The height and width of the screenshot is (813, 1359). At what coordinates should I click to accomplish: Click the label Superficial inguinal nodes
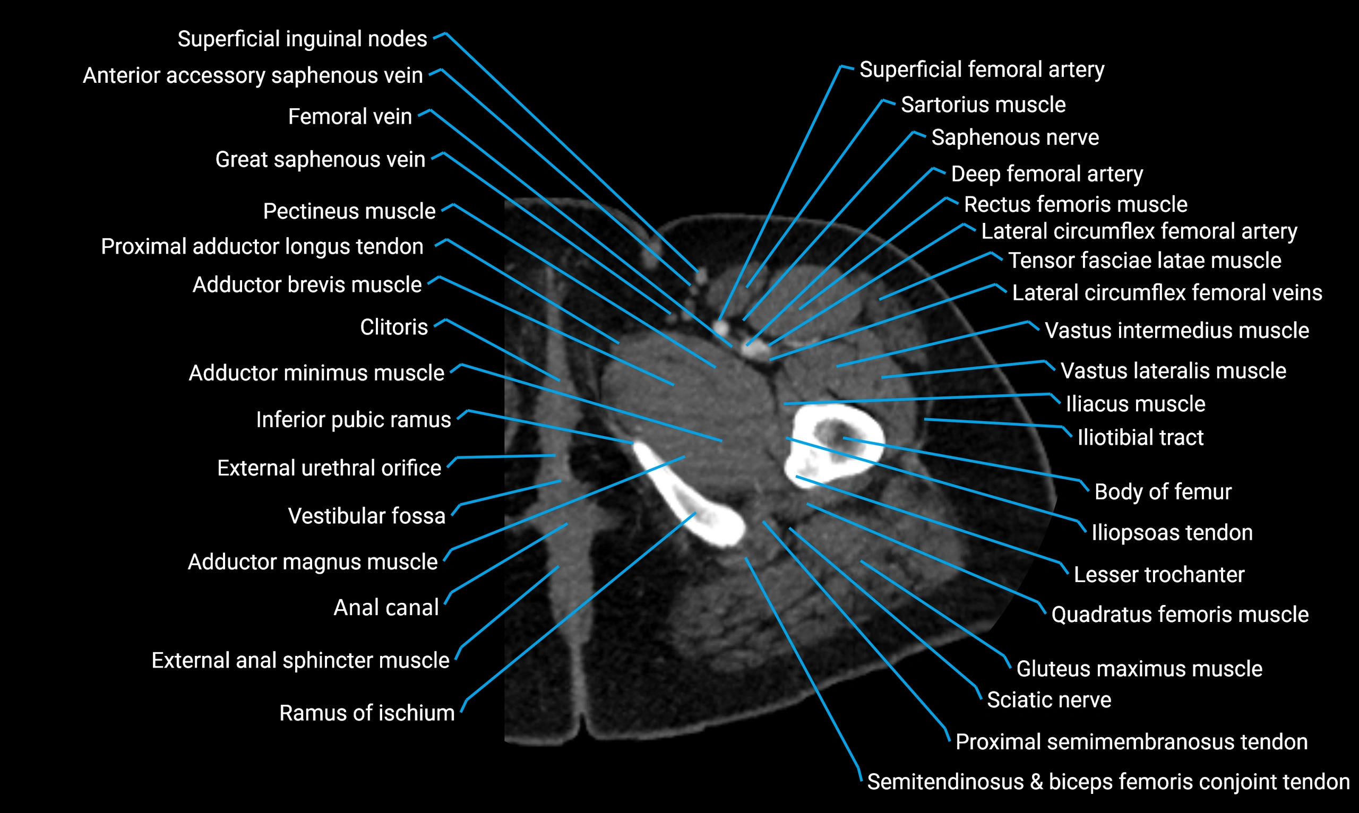tap(302, 39)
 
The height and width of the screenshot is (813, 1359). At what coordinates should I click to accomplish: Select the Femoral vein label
tap(350, 117)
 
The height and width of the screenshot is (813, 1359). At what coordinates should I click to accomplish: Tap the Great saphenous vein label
tap(320, 159)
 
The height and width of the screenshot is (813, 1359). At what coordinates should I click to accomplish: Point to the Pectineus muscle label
tap(349, 211)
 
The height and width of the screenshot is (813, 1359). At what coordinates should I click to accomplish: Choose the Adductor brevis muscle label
tap(307, 284)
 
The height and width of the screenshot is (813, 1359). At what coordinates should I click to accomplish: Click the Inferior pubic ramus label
tap(354, 419)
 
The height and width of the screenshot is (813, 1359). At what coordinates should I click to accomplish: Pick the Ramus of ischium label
tap(367, 713)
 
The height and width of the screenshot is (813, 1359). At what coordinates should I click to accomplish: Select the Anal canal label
tap(386, 607)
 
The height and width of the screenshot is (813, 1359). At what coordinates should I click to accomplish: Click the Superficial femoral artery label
tap(982, 70)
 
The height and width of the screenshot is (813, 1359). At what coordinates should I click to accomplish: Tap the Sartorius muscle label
tap(983, 105)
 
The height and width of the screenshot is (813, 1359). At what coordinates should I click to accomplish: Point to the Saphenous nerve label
tap(1015, 137)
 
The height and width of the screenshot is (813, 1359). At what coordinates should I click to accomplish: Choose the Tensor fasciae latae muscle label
tap(1144, 260)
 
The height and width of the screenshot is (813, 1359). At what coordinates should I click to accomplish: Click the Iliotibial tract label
tap(1140, 437)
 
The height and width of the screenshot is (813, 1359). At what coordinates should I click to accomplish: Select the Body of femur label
tap(1162, 491)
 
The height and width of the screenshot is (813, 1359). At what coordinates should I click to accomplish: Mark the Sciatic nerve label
tap(1048, 699)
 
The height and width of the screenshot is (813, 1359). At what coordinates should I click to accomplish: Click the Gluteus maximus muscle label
tap(1139, 668)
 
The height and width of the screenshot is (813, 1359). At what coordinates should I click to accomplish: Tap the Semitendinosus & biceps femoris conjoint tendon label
tap(1108, 782)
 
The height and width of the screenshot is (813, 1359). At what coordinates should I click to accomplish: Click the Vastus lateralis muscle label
tap(1173, 371)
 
